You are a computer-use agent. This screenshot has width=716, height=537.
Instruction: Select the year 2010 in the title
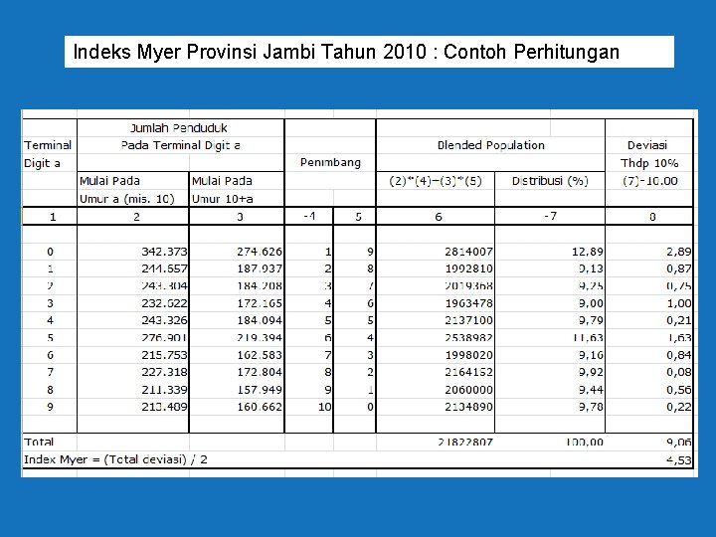click(x=404, y=52)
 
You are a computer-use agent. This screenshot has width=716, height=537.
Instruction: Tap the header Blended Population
click(x=490, y=145)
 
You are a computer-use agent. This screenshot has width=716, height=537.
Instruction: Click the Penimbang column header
click(x=330, y=162)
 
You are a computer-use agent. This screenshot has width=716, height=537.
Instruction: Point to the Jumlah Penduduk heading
click(x=179, y=127)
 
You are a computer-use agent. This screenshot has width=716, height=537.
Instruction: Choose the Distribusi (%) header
click(x=550, y=181)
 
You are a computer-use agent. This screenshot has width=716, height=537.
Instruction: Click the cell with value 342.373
click(x=164, y=253)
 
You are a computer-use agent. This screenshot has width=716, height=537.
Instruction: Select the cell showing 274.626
click(x=259, y=253)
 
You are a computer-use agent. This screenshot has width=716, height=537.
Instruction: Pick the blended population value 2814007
click(x=468, y=253)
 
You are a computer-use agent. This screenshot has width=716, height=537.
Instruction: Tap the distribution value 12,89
click(x=586, y=253)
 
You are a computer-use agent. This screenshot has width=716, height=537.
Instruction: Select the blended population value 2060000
click(x=468, y=390)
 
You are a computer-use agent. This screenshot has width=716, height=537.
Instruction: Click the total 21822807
click(x=464, y=442)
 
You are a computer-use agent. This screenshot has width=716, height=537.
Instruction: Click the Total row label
click(x=41, y=442)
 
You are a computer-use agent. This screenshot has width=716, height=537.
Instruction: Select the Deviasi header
click(x=647, y=145)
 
